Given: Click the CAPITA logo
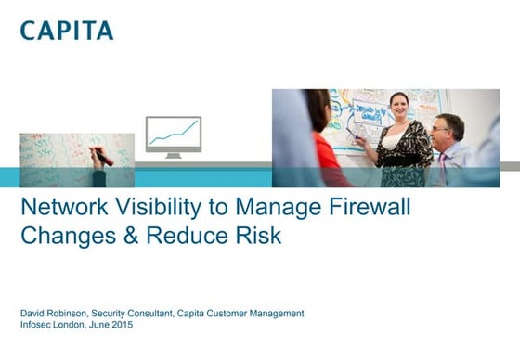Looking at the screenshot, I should pyautogui.click(x=67, y=30).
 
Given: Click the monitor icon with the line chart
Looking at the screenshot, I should pyautogui.click(x=173, y=135).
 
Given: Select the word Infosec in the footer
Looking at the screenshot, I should pyautogui.click(x=35, y=326).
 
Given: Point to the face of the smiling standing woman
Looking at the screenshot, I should pyautogui.click(x=399, y=104).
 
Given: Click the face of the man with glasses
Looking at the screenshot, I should pyautogui.click(x=448, y=129).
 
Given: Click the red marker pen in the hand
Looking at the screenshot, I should pyautogui.click(x=104, y=159).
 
